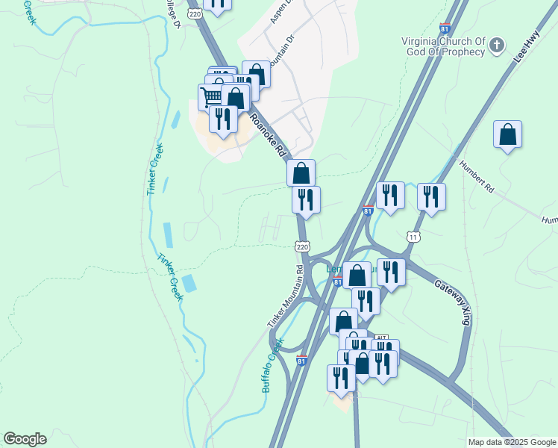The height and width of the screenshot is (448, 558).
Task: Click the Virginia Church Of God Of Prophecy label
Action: tap(443, 46)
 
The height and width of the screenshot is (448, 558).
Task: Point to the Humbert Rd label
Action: tap(477, 177)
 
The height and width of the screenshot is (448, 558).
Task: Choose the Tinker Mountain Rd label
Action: tap(286, 296)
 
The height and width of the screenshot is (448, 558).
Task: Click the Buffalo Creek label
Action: tap(272, 366)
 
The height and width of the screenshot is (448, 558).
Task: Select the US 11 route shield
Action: tap(413, 237)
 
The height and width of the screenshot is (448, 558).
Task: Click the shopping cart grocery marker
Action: tap(212, 96)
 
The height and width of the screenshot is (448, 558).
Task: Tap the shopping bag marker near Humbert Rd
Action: tap(507, 134)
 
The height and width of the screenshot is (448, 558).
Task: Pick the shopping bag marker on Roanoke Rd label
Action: tap(301, 173)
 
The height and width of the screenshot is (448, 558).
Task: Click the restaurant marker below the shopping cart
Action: tap(223, 119)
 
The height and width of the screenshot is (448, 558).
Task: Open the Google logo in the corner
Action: tap(25, 439)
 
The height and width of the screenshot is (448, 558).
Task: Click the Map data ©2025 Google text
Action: tap(512, 442)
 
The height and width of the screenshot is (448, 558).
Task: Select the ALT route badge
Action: tap(381, 337)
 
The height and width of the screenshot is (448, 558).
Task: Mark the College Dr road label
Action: tap(175, 13)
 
